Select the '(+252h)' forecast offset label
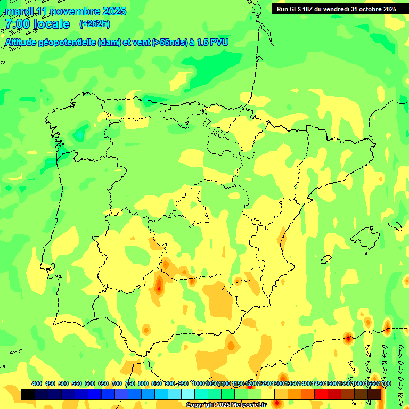pos(94,23)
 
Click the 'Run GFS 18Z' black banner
pos(336,9)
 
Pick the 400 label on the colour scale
pos(37,383)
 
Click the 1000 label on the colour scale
pos(198,383)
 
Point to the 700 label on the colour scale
pos(117,383)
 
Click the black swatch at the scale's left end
pos(28,394)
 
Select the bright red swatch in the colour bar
pos(321,394)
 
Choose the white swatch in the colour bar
pos(188,394)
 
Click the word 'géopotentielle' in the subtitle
pos(67,42)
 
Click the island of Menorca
pos(395,225)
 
